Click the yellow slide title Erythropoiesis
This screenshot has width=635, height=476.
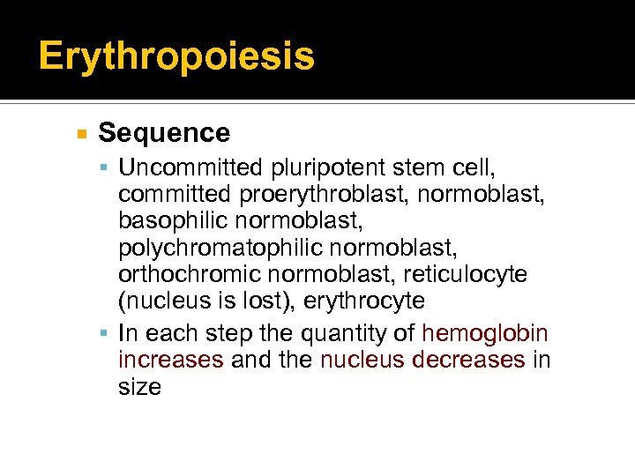point(176,56)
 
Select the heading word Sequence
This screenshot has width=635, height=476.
point(164,133)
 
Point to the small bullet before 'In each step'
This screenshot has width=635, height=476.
point(105,334)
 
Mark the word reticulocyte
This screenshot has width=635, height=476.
point(471,274)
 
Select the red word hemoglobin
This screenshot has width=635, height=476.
point(485,333)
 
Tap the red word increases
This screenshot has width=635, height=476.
point(170,361)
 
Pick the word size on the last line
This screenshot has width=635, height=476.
point(139,387)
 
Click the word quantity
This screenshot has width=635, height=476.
point(348,333)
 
